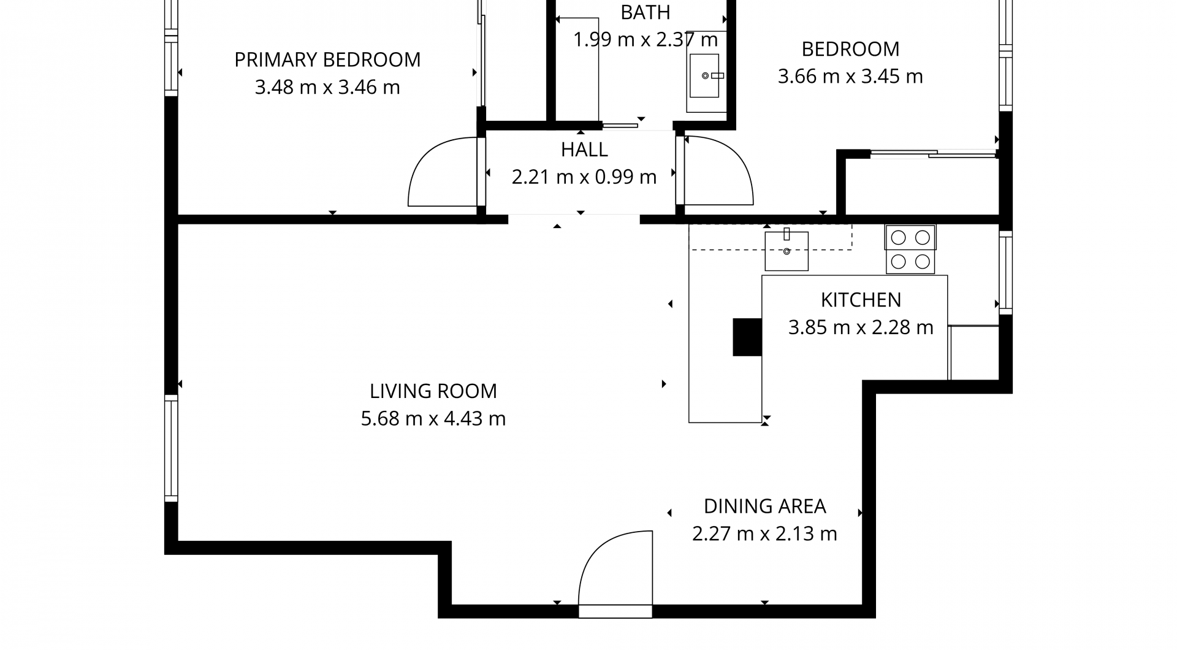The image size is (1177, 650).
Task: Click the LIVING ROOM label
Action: [433, 391]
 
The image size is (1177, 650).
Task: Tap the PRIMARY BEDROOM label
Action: [327, 60]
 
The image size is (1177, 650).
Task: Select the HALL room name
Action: [584, 150]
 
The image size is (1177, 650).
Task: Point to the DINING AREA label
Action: [764, 507]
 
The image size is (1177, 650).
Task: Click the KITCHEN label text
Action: [861, 300]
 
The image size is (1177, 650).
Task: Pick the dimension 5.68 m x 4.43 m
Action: [433, 419]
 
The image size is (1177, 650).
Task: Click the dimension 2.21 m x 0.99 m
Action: [584, 177]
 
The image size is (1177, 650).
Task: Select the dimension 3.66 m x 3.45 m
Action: [850, 77]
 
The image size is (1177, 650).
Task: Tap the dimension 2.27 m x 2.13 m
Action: [764, 534]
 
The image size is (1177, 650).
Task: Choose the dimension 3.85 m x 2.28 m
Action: [861, 327]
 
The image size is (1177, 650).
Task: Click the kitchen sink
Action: [787, 250]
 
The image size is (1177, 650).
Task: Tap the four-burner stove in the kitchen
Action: [910, 249]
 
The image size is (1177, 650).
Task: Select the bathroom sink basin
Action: [704, 75]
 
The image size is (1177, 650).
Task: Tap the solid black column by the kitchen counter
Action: [747, 337]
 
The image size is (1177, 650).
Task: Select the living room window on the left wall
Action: [171, 449]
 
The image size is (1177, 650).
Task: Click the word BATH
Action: [646, 12]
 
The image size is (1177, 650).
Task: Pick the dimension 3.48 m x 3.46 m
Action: [327, 88]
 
